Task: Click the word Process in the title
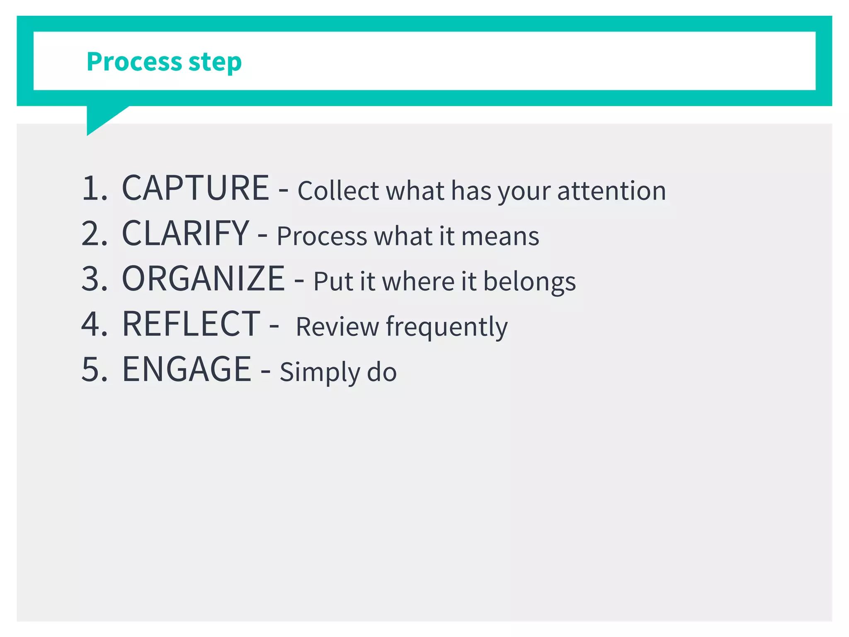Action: click(x=134, y=61)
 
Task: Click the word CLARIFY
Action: click(x=186, y=233)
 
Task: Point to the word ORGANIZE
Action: click(x=203, y=278)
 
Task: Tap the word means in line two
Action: click(x=500, y=236)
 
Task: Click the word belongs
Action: click(x=529, y=282)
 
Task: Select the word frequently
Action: click(x=446, y=327)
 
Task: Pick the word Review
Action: click(x=337, y=327)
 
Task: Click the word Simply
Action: click(x=320, y=372)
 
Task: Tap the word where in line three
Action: click(x=418, y=282)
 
